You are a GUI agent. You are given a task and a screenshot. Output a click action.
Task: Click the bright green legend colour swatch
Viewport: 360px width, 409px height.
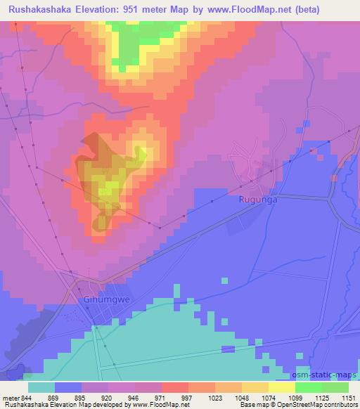(x=309, y=387)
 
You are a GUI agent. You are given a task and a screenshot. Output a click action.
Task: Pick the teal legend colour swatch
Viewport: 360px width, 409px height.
(x=41, y=387)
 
